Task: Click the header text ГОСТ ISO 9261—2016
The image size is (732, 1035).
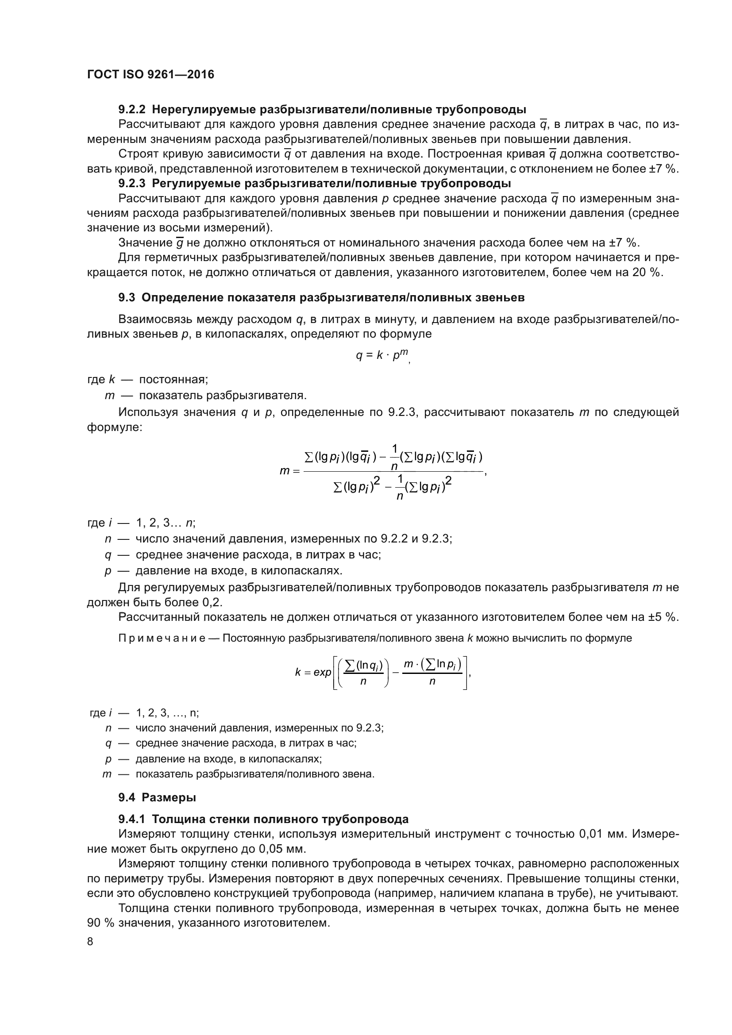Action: click(x=150, y=74)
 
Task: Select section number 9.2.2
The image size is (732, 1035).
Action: click(x=131, y=110)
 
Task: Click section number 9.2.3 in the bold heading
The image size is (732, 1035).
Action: click(x=131, y=184)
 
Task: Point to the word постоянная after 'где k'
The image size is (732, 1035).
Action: click(x=173, y=380)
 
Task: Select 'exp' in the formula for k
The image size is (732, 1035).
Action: click(x=322, y=673)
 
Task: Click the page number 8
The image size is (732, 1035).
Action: click(x=90, y=942)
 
